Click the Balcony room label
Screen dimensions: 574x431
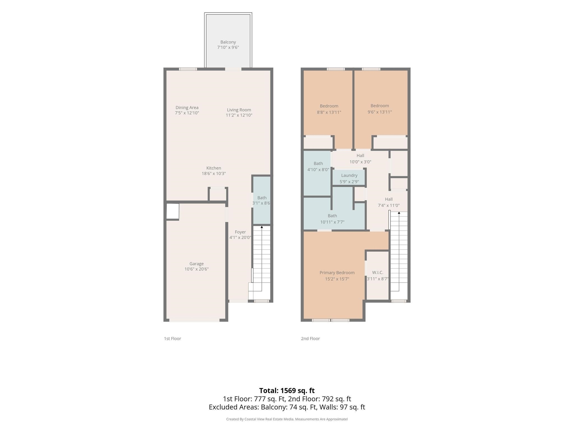(x=228, y=42)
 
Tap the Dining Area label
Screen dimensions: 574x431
(x=187, y=107)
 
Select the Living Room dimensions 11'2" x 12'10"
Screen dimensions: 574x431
(x=239, y=115)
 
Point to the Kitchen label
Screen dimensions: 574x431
(x=214, y=168)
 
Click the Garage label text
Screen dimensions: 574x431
(x=196, y=264)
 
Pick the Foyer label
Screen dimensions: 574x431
(x=240, y=232)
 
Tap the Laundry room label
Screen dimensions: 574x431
(x=349, y=175)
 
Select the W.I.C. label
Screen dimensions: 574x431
(x=378, y=272)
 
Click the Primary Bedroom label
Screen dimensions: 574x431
(x=337, y=273)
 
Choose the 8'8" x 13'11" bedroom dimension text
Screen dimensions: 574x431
(x=329, y=112)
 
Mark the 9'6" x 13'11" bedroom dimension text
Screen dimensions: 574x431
(x=380, y=112)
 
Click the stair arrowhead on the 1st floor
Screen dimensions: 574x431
(x=262, y=227)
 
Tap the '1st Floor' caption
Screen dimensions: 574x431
(x=172, y=338)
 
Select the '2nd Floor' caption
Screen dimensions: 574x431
(x=310, y=338)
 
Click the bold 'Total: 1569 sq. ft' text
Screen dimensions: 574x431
(x=287, y=391)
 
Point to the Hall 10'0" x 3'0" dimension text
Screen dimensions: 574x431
(x=360, y=162)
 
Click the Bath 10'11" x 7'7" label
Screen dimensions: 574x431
(x=332, y=219)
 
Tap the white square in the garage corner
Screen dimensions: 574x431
(x=173, y=211)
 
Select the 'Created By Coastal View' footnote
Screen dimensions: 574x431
(x=287, y=419)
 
